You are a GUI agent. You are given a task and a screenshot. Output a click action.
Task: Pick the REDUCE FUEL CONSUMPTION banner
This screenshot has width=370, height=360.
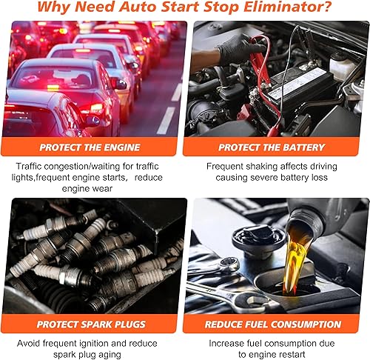(x=275, y=323)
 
